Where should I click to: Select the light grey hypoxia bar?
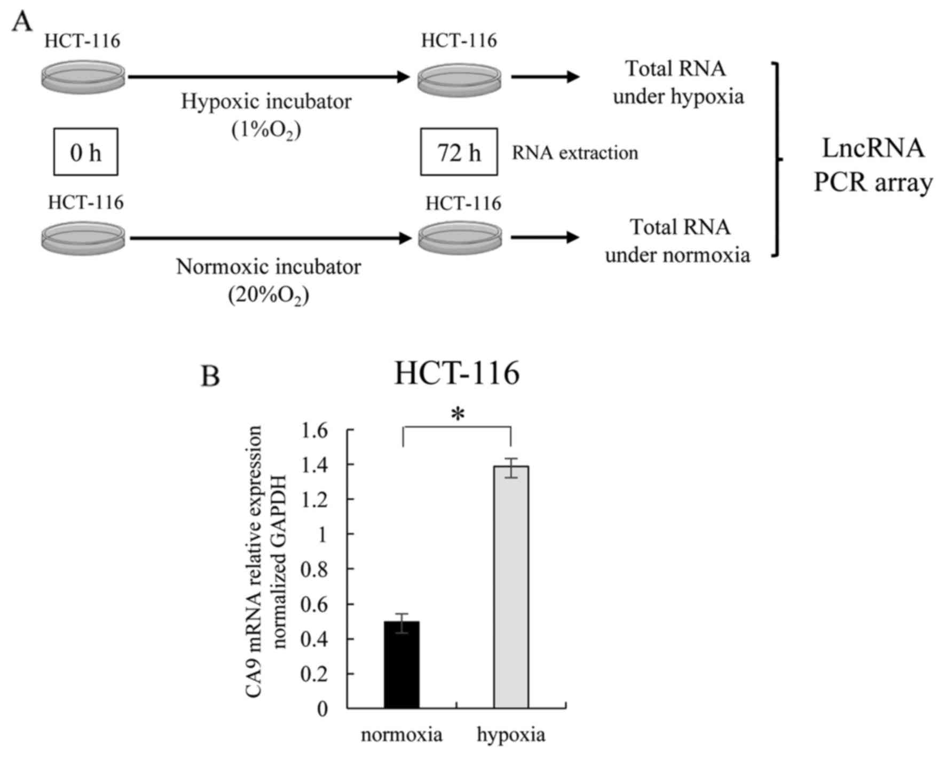coord(511,587)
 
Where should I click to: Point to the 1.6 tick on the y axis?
coord(314,430)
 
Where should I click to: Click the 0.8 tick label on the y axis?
coord(314,570)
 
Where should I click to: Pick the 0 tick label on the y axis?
coord(321,709)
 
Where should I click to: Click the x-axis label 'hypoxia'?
coord(511,735)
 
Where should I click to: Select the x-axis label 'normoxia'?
coord(401,735)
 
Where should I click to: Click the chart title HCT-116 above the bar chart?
coord(456,373)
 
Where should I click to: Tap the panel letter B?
coord(210,376)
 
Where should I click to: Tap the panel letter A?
coord(22,22)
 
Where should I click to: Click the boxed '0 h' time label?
coord(85,153)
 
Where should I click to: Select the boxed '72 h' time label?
coord(459,153)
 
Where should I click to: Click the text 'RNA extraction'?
coord(575,153)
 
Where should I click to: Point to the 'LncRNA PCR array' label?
coord(873,165)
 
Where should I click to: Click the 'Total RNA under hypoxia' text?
coord(677,83)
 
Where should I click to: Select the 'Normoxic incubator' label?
coord(269,266)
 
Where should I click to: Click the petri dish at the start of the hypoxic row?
coord(83,77)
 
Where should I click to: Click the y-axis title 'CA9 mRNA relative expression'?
coord(255,539)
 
